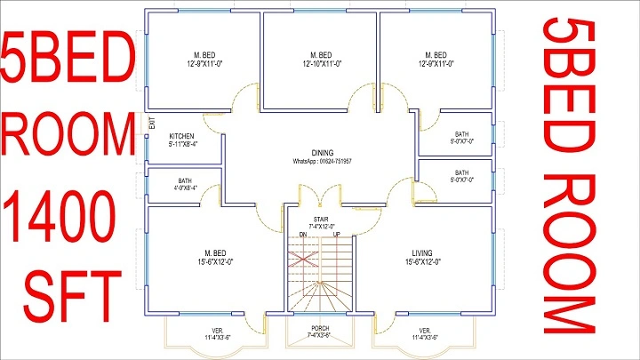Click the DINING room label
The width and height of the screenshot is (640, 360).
[323, 152]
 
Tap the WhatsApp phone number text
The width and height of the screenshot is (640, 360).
[323, 161]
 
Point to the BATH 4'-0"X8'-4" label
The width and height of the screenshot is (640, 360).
[184, 184]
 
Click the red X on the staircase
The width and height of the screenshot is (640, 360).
[305, 259]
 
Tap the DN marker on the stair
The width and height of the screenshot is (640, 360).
[302, 234]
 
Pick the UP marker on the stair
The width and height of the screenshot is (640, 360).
[336, 234]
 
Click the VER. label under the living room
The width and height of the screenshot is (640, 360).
[424, 334]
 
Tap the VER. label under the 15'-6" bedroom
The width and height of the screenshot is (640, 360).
[218, 334]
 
